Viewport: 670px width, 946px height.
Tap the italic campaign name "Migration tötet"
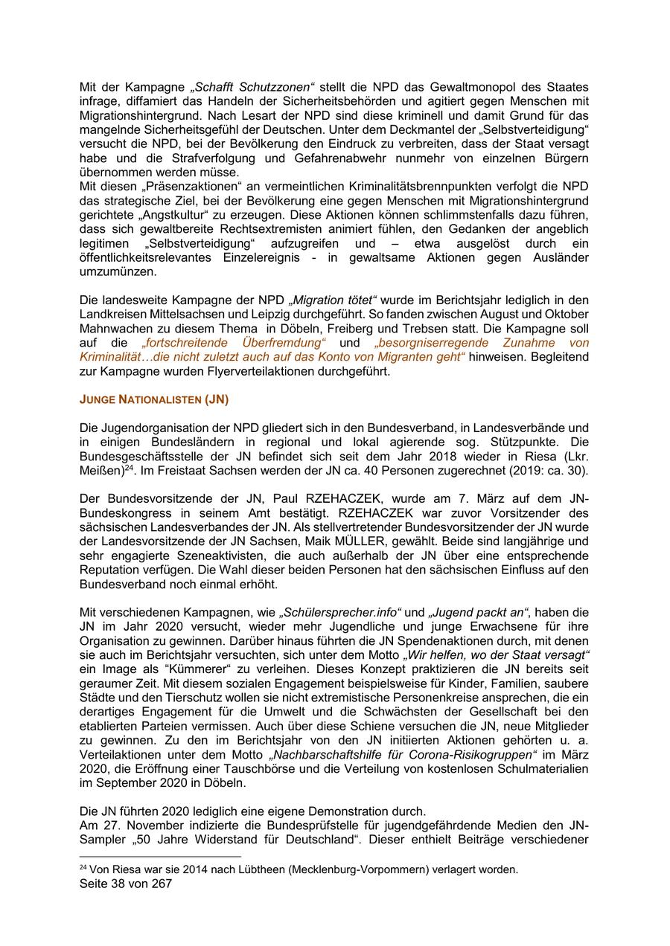coord(333,300)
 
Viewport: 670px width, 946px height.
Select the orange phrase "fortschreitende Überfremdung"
coord(234,342)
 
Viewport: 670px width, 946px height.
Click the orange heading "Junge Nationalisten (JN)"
coord(153,399)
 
